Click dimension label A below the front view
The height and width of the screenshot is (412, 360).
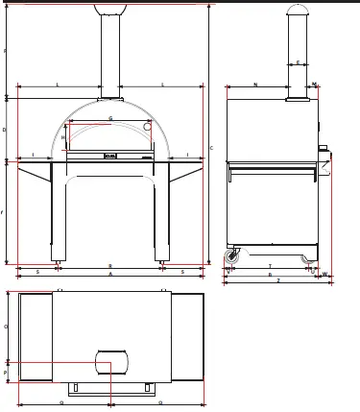click(110, 274)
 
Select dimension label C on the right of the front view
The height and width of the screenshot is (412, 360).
click(211, 147)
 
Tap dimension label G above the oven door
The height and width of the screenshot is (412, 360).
click(110, 119)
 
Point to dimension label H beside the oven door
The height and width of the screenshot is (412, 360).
click(63, 137)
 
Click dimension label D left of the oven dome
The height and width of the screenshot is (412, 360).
click(5, 129)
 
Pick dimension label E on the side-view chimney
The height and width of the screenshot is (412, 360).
click(298, 62)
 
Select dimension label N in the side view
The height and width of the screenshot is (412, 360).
click(255, 85)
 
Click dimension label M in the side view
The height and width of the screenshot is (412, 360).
click(314, 85)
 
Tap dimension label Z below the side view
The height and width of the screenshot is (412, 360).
click(277, 281)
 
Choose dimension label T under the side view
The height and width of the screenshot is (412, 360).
click(270, 267)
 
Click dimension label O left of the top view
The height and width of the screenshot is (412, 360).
click(5, 327)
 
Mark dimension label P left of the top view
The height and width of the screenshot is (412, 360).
click(5, 372)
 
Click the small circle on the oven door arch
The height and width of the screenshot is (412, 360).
click(147, 126)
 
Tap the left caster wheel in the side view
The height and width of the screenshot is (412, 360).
click(232, 257)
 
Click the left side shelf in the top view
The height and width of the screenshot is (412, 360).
click(36, 337)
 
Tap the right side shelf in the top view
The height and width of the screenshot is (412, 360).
click(187, 337)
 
